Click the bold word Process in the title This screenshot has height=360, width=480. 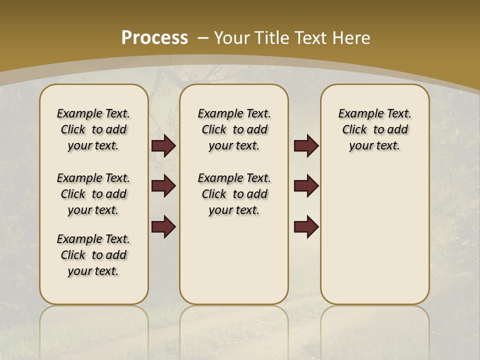(154, 38)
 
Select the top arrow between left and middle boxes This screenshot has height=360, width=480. (163, 146)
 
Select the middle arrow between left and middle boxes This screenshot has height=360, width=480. (163, 186)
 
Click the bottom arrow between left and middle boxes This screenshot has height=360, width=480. (163, 226)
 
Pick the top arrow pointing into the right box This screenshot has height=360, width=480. (306, 146)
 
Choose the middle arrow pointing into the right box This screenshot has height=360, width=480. (306, 186)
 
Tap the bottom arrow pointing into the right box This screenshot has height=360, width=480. (306, 226)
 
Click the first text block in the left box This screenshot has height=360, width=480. (93, 129)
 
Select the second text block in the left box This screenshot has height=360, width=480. (93, 194)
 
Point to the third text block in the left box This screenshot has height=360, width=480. (93, 255)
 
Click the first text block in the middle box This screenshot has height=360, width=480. (234, 129)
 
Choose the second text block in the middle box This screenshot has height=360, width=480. (234, 194)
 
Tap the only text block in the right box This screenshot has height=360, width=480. (375, 129)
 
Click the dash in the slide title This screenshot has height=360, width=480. (203, 38)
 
